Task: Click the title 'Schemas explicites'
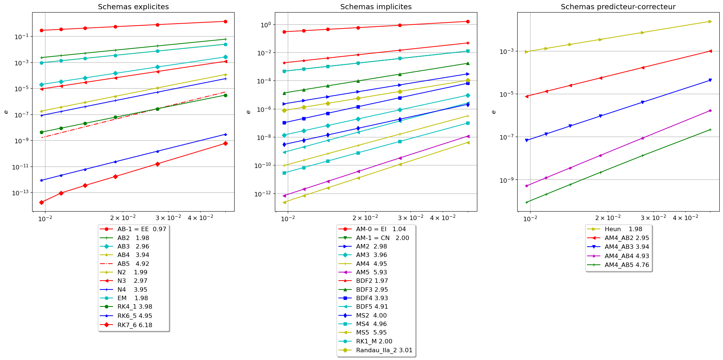[x=133, y=7]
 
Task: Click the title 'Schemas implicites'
[x=376, y=7]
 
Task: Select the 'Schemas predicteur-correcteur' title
[x=618, y=7]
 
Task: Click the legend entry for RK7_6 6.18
[x=134, y=325]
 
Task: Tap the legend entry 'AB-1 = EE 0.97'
[x=141, y=229]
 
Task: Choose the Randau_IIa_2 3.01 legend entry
[x=384, y=350]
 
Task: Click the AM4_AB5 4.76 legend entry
[x=627, y=265]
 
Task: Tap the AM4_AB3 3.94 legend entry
[x=627, y=247]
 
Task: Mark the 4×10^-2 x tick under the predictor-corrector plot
[x=685, y=218]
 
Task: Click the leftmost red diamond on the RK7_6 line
[x=42, y=202]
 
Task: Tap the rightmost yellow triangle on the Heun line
[x=710, y=21]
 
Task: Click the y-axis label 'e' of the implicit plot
[x=248, y=112]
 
